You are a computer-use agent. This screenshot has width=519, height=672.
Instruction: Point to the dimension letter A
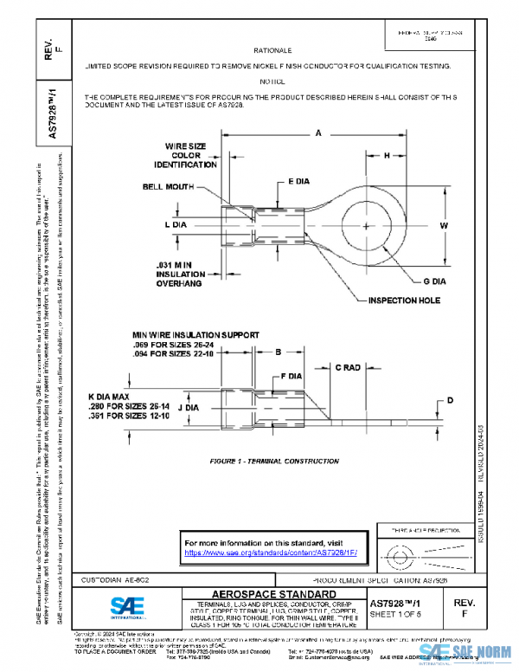(x=318, y=132)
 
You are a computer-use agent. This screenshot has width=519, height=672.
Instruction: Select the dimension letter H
(x=386, y=154)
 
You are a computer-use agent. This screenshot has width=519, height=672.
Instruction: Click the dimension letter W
(x=444, y=225)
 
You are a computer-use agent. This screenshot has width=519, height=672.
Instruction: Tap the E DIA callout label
(x=298, y=183)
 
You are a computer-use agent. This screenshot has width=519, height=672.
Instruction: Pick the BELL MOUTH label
(x=165, y=186)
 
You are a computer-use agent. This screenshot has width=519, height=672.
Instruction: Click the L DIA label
(x=176, y=224)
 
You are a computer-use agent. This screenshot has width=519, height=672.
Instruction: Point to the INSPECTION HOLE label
(x=405, y=300)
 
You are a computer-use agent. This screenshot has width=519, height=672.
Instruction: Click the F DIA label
(x=291, y=377)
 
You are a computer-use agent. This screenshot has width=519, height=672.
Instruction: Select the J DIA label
(x=189, y=404)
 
